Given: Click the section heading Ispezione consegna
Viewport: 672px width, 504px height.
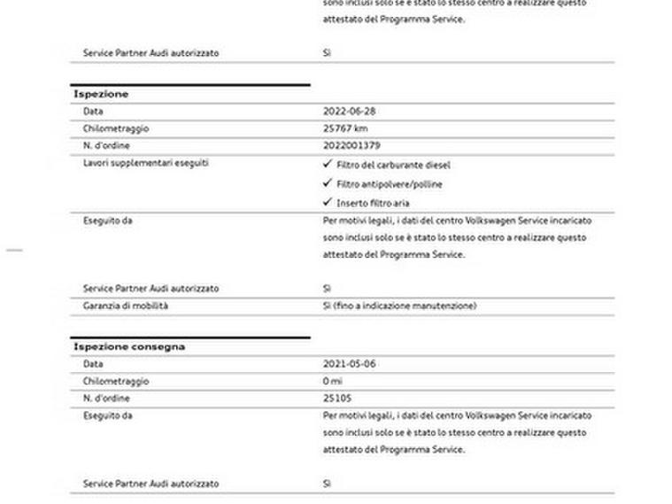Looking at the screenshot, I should pyautogui.click(x=129, y=346).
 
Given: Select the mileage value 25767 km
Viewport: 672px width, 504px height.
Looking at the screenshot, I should pyautogui.click(x=345, y=128).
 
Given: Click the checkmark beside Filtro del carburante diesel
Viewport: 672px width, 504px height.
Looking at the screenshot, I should pyautogui.click(x=328, y=164).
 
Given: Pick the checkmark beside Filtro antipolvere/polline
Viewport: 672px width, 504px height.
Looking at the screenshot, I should pyautogui.click(x=328, y=183).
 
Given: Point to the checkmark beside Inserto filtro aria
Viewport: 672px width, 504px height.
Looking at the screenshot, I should pyautogui.click(x=328, y=202).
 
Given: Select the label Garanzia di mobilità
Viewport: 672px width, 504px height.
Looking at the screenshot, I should pyautogui.click(x=126, y=306).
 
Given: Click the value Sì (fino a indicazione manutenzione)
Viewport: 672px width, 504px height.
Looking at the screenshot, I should pyautogui.click(x=399, y=306).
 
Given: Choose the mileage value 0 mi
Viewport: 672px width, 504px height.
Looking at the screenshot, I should pyautogui.click(x=333, y=381).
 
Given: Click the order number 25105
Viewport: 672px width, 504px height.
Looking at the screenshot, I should pyautogui.click(x=337, y=399).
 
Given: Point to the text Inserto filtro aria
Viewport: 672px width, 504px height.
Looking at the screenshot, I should pyautogui.click(x=373, y=203).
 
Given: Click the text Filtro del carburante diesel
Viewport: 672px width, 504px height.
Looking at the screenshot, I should pyautogui.click(x=393, y=165).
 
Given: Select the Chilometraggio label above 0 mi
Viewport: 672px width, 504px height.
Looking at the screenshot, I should pyautogui.click(x=116, y=381).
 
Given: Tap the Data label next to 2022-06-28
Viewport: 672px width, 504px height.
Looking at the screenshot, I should pyautogui.click(x=93, y=112).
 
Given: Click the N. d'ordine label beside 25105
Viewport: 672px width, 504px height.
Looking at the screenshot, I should pyautogui.click(x=106, y=399).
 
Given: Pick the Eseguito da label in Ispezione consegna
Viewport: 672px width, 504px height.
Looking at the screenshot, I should pyautogui.click(x=107, y=415).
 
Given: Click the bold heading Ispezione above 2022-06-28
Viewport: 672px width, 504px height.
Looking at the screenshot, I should pyautogui.click(x=101, y=94).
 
